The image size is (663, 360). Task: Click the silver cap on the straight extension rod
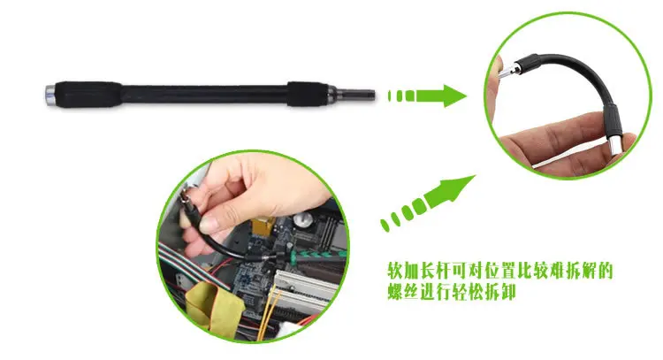[50, 96]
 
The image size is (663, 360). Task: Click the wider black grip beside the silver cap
[88, 95]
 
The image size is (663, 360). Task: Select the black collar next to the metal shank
[308, 94]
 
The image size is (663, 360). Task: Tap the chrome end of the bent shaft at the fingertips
[615, 145]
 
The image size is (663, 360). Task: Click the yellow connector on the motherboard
[263, 226]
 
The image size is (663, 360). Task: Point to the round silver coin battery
[303, 219]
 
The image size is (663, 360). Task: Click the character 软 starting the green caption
[396, 271]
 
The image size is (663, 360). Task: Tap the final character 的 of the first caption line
[605, 271]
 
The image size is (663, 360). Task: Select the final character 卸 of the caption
[507, 292]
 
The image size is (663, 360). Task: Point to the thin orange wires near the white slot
[265, 313]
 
